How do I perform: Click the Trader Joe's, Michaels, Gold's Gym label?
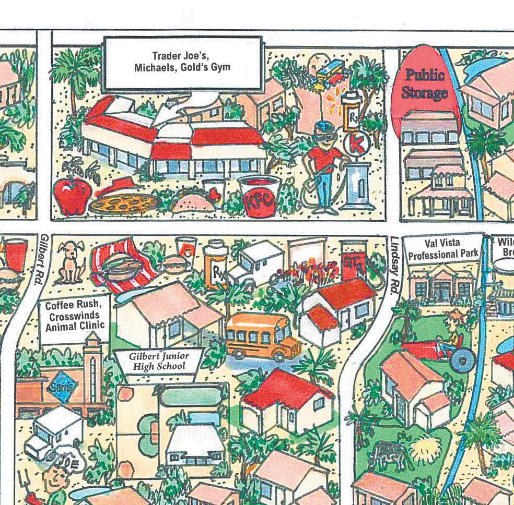tap(182, 63)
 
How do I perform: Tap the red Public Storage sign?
tap(424, 86)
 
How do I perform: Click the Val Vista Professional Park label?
tap(443, 249)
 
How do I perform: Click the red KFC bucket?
tap(260, 197)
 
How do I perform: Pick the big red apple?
tap(72, 196)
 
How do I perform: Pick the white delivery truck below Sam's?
tap(54, 431)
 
